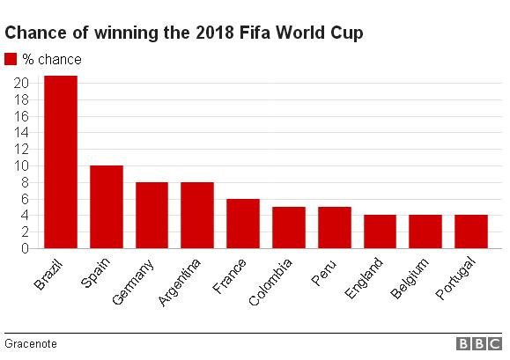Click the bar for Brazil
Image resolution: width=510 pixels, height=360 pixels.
(61, 162)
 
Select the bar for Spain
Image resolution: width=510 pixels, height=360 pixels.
(107, 207)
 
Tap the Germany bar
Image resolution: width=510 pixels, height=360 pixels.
(152, 215)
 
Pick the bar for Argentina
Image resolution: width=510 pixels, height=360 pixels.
(197, 215)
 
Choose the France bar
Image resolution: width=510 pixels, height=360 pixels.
(243, 224)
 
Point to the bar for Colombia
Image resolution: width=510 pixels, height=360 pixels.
(288, 227)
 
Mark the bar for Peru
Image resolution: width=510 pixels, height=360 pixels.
(334, 227)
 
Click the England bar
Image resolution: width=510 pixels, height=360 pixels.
(380, 231)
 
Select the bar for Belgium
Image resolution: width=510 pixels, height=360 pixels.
(425, 231)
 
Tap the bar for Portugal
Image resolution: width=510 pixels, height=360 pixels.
(471, 231)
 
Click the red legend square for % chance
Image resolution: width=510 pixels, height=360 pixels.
(11, 59)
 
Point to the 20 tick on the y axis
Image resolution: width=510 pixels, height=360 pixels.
(24, 83)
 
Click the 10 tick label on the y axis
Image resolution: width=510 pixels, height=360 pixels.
(24, 165)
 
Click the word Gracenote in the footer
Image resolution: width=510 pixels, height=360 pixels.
(30, 343)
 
